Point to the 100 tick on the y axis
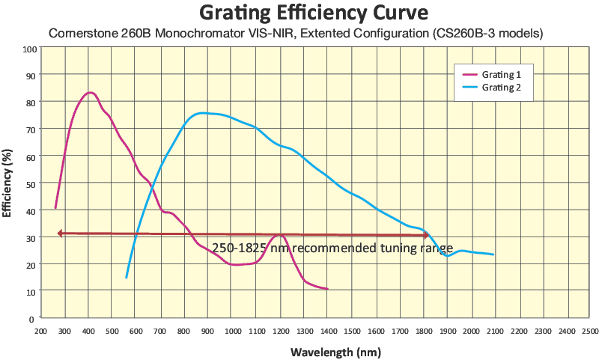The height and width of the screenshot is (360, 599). pyautogui.click(x=30, y=49)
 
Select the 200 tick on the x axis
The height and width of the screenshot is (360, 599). pyautogui.click(x=41, y=329)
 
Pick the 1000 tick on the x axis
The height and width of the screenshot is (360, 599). pyautogui.click(x=233, y=329)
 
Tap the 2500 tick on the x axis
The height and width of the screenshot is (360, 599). pyautogui.click(x=590, y=329)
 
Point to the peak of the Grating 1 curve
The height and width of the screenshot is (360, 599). pyautogui.click(x=90, y=93)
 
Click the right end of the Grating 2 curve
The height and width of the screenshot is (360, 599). pyautogui.click(x=493, y=254)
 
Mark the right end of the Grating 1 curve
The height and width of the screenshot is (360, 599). pyautogui.click(x=327, y=289)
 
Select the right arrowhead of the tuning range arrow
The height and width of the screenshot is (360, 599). pyautogui.click(x=426, y=236)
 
